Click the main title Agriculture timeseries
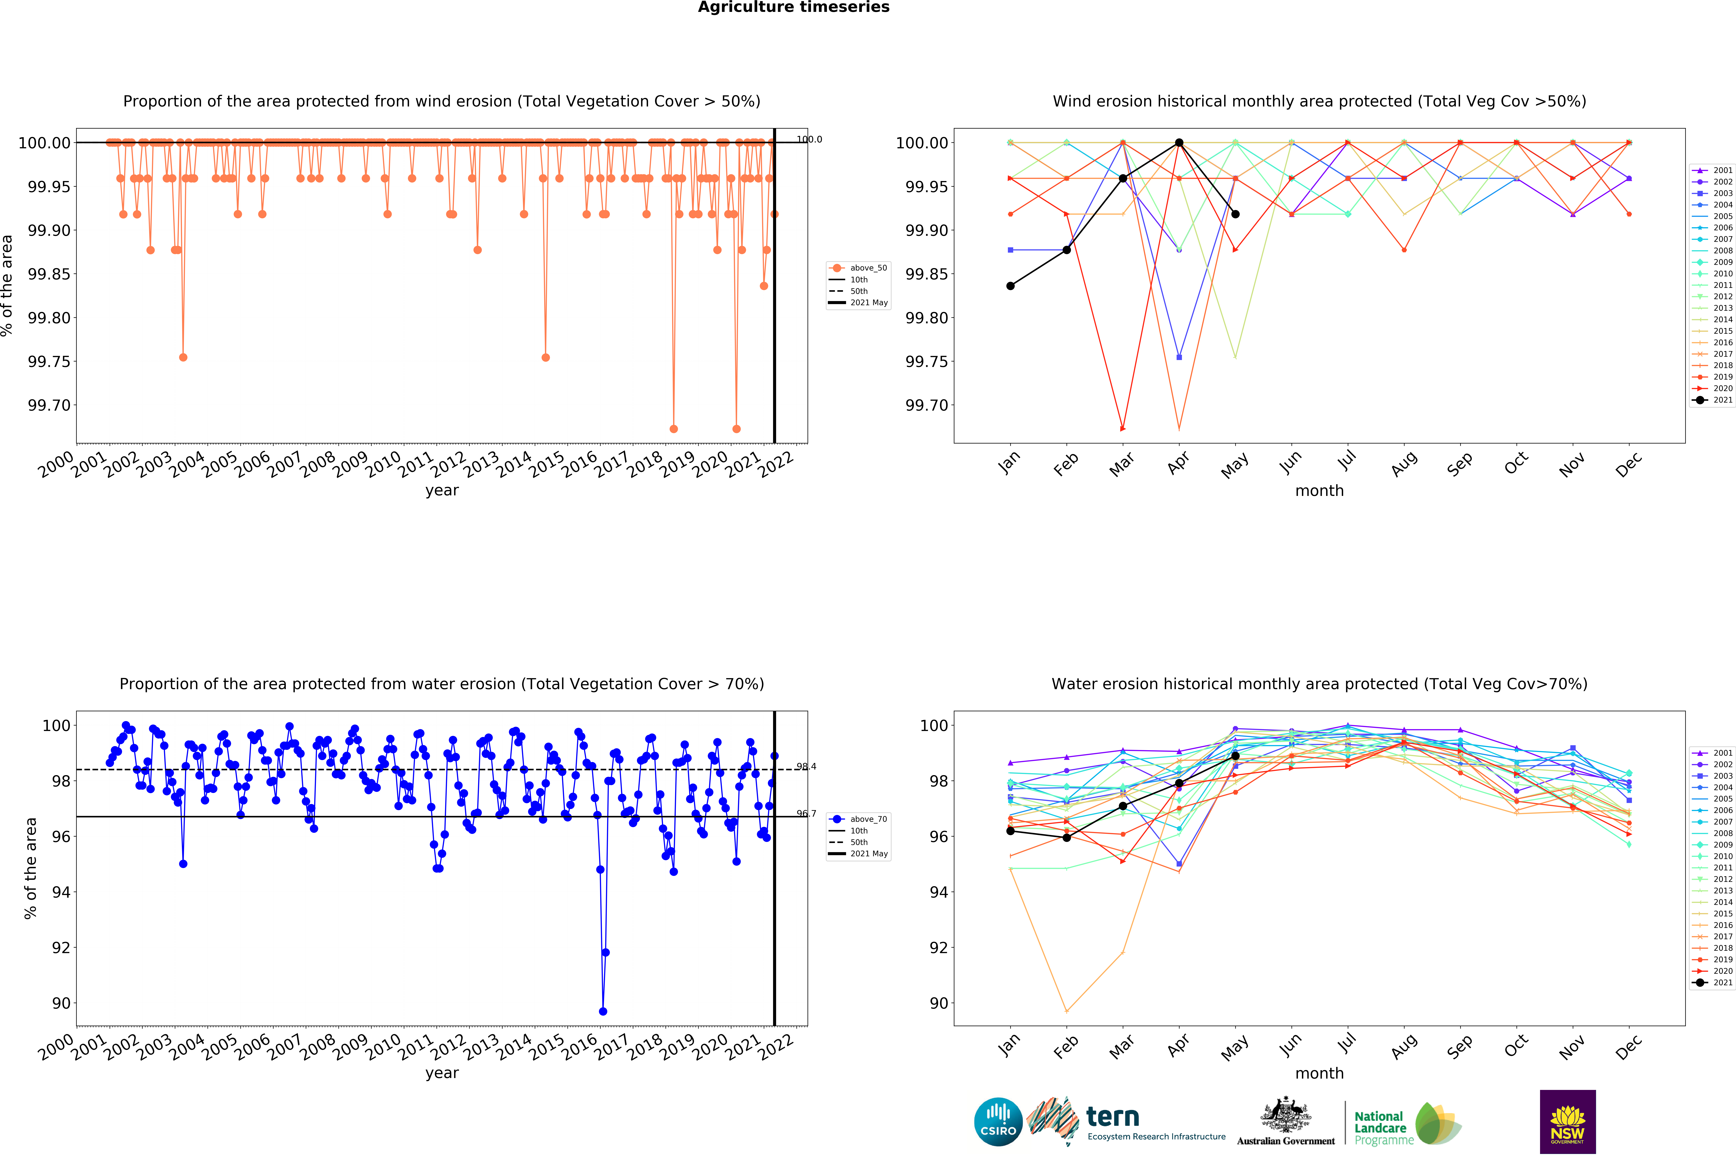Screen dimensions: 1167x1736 (793, 7)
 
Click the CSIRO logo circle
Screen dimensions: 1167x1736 (998, 1122)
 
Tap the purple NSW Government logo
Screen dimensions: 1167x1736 (1567, 1122)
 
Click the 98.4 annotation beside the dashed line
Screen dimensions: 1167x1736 (806, 767)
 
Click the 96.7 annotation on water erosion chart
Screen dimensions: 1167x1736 (806, 814)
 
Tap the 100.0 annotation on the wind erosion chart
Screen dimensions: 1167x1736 (809, 139)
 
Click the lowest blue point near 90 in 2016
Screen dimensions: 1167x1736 (603, 1011)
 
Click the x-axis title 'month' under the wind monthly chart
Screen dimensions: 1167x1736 (1319, 490)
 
